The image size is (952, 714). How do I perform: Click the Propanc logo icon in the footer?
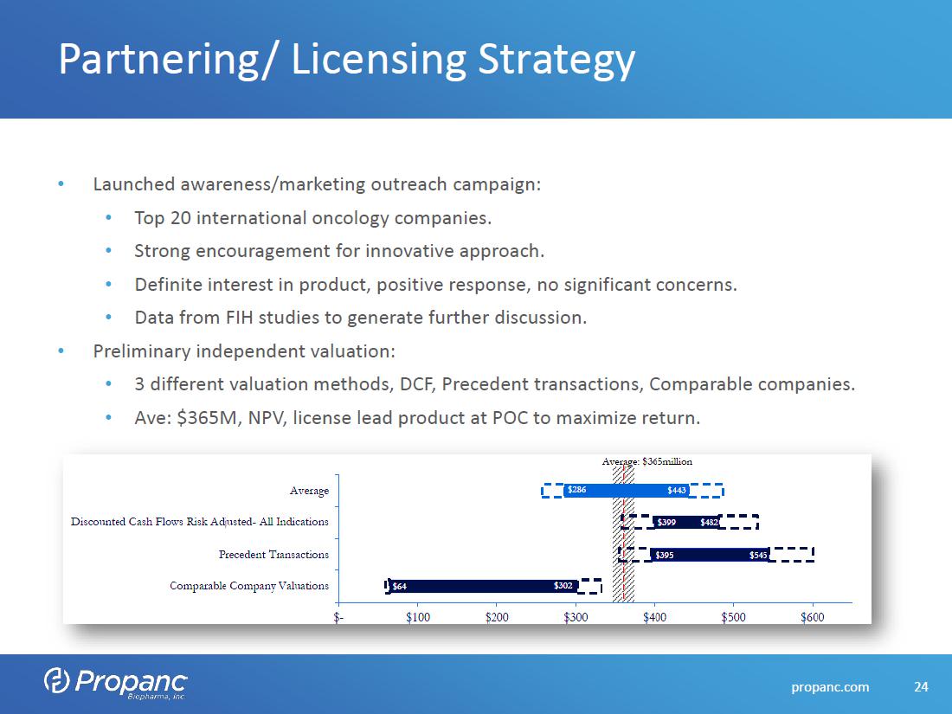pos(56,681)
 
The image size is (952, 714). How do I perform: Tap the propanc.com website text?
pos(831,687)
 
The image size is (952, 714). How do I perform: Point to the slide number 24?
pos(921,687)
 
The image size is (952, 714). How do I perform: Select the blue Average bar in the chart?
pos(627,491)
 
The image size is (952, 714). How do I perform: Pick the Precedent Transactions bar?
pos(710,555)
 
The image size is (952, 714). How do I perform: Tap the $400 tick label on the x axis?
pos(654,617)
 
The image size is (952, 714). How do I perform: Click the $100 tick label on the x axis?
pos(418,617)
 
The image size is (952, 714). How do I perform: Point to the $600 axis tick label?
pos(812,617)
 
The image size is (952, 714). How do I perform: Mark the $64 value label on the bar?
pos(400,586)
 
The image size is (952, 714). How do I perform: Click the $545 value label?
pos(758,555)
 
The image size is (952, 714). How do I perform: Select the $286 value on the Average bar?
pos(576,491)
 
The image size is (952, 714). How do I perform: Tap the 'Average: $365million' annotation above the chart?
pos(646,461)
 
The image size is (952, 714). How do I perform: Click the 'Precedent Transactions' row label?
pos(273,554)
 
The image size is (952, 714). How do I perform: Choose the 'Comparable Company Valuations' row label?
pos(249,586)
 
